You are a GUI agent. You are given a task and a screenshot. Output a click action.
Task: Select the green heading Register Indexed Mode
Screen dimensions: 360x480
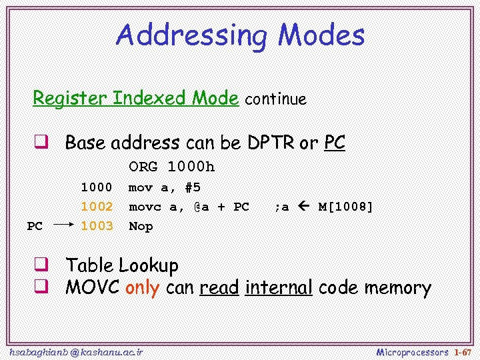[135, 99]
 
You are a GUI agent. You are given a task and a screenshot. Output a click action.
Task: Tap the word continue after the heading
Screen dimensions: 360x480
[275, 100]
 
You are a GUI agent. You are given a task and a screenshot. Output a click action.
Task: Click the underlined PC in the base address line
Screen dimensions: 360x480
[335, 143]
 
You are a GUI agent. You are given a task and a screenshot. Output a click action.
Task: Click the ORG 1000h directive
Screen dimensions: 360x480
[171, 167]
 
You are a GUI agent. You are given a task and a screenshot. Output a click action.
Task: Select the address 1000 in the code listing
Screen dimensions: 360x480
[96, 187]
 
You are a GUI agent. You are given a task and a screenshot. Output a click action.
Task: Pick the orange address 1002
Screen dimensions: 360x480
[96, 207]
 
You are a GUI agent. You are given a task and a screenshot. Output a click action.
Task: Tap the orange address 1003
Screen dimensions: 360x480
[96, 226]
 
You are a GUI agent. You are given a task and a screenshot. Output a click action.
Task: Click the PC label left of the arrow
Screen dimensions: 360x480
[35, 227]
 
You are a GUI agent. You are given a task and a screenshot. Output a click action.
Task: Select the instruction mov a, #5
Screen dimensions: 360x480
[164, 187]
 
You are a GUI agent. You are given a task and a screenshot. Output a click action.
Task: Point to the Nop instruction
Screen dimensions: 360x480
[140, 226]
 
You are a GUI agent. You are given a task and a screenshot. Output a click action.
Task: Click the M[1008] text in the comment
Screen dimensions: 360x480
[345, 207]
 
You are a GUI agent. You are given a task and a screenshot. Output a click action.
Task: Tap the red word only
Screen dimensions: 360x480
[142, 288]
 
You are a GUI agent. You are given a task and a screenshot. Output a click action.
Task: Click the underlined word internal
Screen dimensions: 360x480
[279, 288]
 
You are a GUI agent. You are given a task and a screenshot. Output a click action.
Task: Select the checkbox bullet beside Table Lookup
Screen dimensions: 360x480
[41, 265]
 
